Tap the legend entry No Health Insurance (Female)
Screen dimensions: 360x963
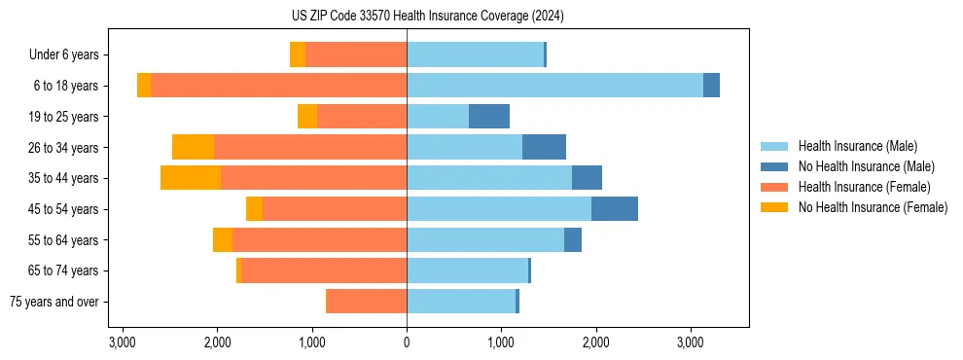click(x=873, y=207)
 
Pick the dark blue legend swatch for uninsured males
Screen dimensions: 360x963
click(x=774, y=166)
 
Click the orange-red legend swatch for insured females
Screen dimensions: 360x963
click(x=774, y=187)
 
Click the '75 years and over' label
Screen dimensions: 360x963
click(x=53, y=302)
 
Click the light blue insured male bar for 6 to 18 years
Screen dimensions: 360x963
click(x=554, y=86)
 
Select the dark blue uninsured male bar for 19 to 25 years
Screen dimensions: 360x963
click(x=489, y=117)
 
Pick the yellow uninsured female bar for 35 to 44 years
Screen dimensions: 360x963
click(x=191, y=178)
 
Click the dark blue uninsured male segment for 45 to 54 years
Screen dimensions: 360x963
click(x=615, y=209)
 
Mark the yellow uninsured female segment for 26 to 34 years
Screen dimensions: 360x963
click(x=193, y=147)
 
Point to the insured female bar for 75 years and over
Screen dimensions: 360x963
click(x=367, y=302)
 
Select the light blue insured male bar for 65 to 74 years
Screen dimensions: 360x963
click(x=467, y=270)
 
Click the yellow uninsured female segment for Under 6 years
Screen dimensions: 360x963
click(x=298, y=55)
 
